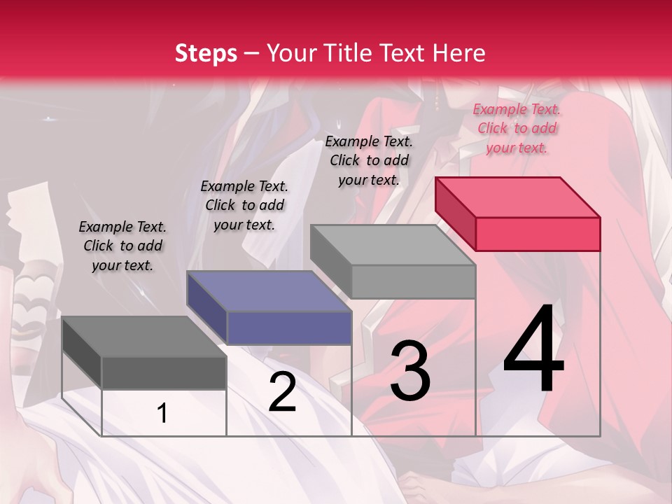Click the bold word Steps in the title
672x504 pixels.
[206, 53]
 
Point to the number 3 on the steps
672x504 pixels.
[410, 371]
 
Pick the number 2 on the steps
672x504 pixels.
[282, 392]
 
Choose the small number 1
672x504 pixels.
[162, 414]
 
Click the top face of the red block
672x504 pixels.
[517, 197]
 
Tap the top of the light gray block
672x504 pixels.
[392, 245]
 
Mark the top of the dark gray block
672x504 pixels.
[143, 337]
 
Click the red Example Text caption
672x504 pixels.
[517, 128]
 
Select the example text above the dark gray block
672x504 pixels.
[122, 246]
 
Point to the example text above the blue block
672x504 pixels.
[244, 205]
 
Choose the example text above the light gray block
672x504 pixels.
[369, 160]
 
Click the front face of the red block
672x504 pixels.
[538, 234]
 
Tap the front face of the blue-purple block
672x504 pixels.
[289, 328]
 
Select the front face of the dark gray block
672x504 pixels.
[164, 372]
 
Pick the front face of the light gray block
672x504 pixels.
[413, 281]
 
